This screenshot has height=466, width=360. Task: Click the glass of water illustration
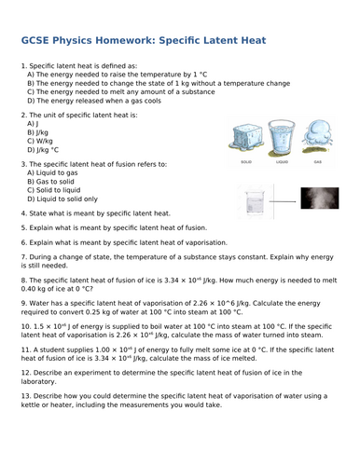pos(283,138)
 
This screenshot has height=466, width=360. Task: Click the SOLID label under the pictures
pos(246,161)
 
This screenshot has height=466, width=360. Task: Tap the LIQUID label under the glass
pos(282,161)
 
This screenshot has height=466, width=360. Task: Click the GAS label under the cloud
pos(318,161)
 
